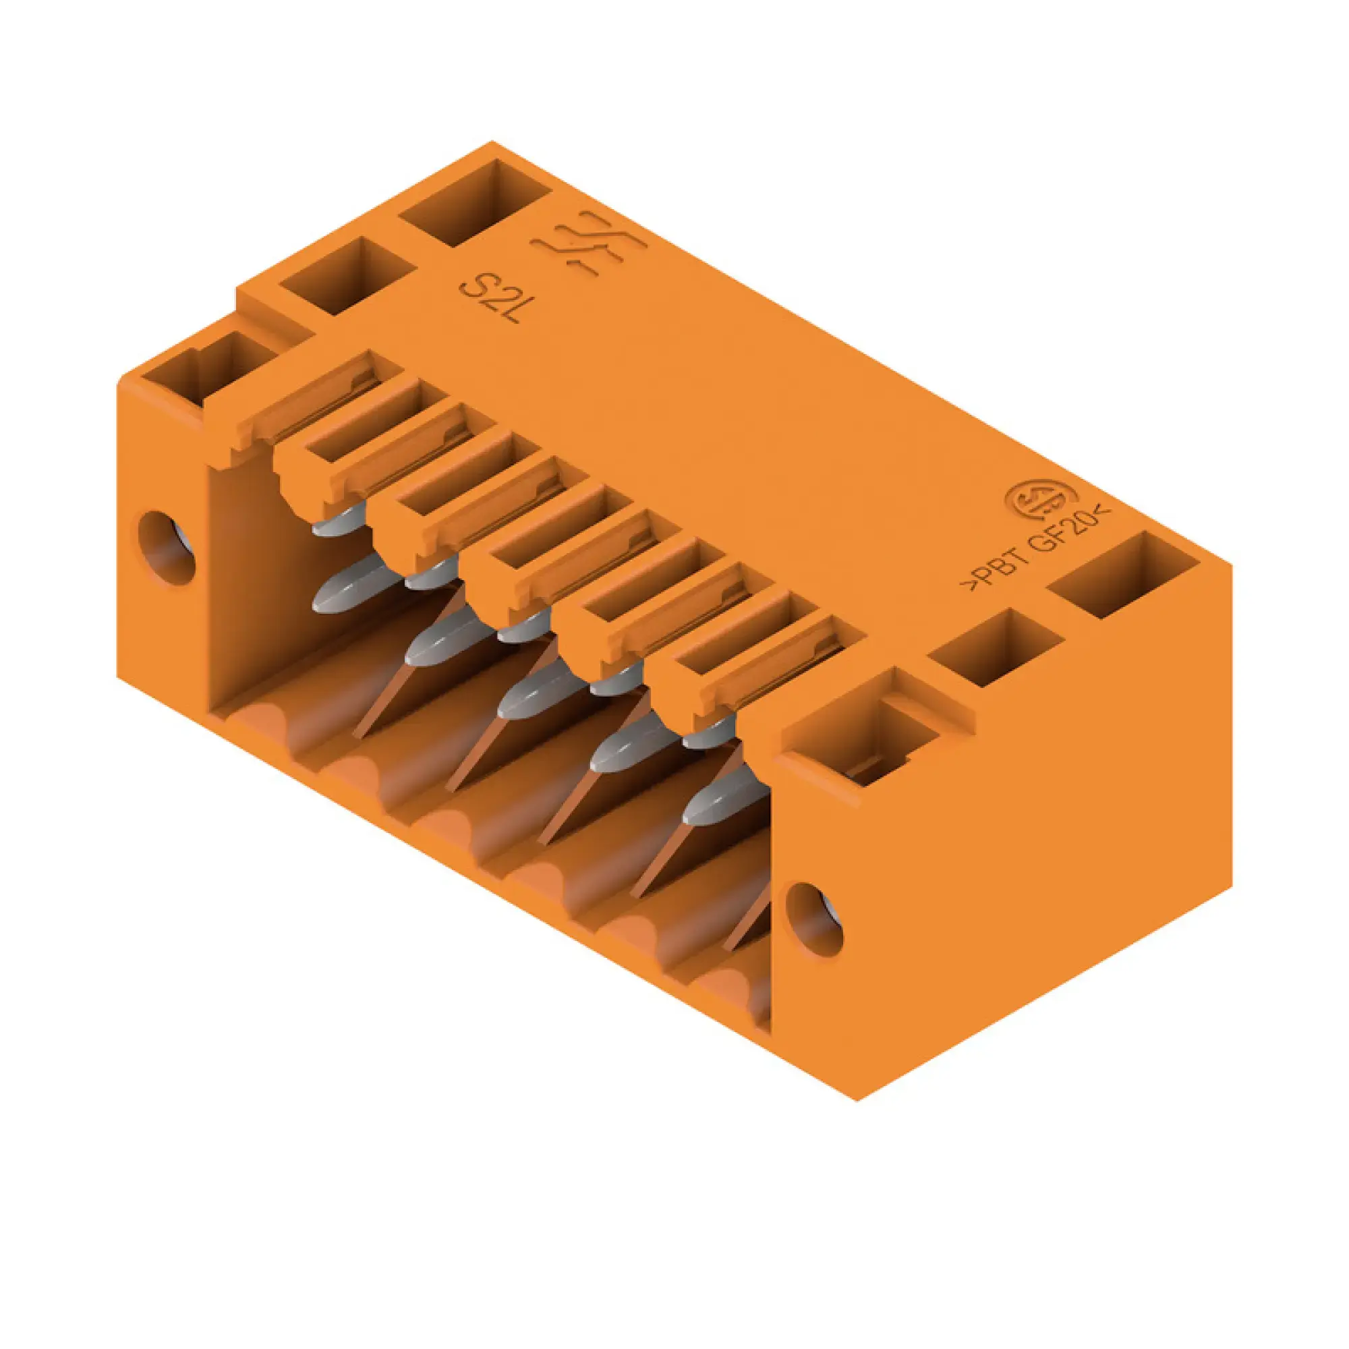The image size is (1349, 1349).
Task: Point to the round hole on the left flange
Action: (167, 548)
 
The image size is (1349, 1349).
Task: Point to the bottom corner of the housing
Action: (857, 1100)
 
